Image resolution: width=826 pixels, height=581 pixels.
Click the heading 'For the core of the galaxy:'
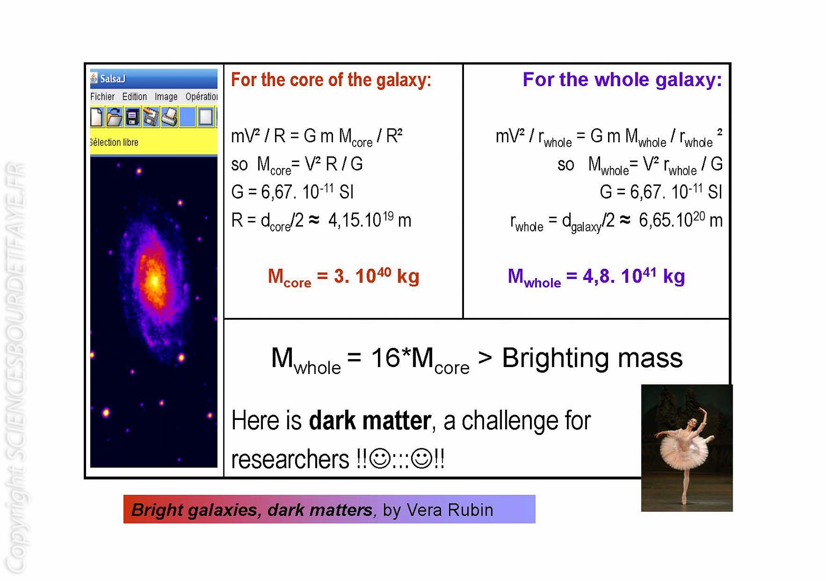point(331,80)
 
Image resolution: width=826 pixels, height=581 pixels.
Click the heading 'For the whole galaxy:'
point(622,80)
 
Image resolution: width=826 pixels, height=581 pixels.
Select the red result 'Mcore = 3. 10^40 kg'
point(343,277)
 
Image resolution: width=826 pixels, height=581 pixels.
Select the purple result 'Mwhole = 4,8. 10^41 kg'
point(596,277)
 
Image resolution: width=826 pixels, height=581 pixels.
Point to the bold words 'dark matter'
point(370,421)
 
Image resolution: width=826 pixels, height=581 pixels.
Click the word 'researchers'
point(290,459)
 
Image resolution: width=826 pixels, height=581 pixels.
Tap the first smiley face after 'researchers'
point(379,458)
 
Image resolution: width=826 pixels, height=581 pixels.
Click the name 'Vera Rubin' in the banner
point(450,510)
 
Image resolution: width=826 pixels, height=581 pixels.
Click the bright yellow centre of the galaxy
point(154,282)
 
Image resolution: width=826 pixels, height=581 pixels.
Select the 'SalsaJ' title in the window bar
point(112,79)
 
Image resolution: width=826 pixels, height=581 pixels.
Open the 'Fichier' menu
point(102,97)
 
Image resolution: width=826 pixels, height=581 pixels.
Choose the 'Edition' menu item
point(134,97)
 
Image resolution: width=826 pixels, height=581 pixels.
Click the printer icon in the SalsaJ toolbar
point(169,117)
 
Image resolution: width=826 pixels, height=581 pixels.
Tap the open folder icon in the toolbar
point(115,117)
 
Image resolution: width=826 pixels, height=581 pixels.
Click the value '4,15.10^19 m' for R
point(369,220)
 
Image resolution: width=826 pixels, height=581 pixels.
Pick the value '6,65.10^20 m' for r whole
point(680,220)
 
